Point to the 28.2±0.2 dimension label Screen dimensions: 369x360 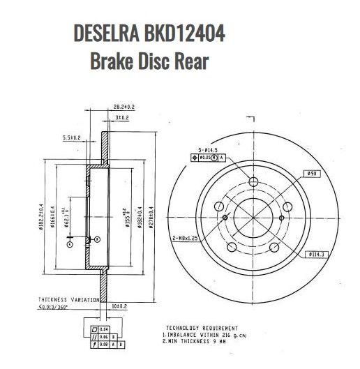tap(123, 106)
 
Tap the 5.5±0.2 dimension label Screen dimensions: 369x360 tap(73, 137)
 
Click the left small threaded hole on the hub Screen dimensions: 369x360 tap(225, 218)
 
